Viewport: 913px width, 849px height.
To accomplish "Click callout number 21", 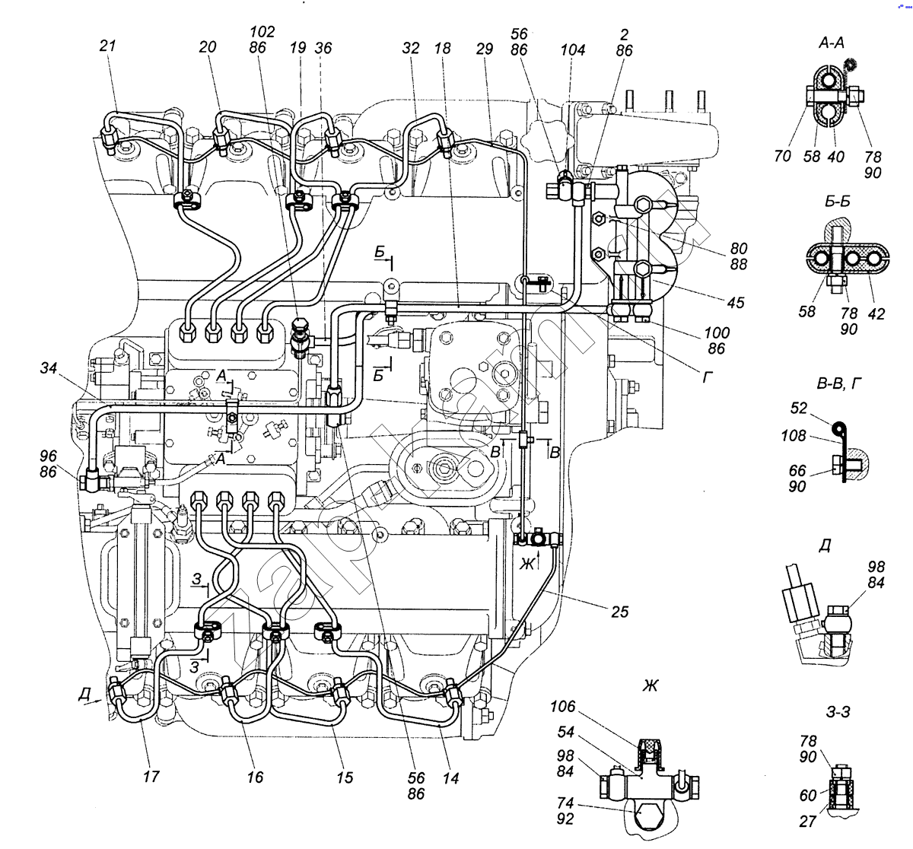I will click(x=108, y=46).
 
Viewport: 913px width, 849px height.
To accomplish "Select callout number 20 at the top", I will click(x=207, y=46).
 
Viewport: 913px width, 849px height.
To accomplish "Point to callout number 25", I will click(x=619, y=610).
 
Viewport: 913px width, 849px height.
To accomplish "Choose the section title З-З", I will click(x=838, y=711).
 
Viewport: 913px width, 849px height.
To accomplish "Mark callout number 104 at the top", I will click(x=572, y=50).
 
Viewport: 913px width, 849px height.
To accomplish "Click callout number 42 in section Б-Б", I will click(x=876, y=313).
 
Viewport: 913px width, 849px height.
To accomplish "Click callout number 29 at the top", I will click(x=485, y=47).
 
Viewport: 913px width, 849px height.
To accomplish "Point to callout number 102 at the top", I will click(x=262, y=31).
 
